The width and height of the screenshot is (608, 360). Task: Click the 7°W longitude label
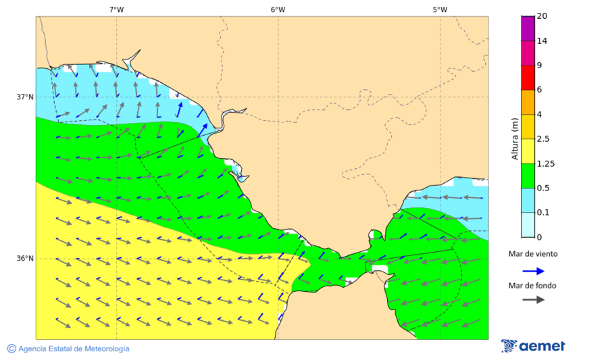tap(116, 9)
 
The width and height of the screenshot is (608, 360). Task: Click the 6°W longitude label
tap(278, 9)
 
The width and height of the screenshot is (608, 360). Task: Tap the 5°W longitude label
tap(440, 9)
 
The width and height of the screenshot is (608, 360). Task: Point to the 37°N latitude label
tap(25, 97)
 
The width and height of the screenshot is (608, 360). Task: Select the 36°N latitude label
tap(25, 259)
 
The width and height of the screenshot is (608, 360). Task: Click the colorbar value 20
tap(542, 16)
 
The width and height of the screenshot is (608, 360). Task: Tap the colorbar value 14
tap(542, 41)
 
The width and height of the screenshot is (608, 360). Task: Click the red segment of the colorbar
tap(528, 77)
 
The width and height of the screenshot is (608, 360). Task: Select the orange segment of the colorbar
tap(528, 102)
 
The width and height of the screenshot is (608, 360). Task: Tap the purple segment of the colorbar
tap(528, 28)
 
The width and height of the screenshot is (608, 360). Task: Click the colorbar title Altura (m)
tap(515, 138)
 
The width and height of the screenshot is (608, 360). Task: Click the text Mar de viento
tap(533, 254)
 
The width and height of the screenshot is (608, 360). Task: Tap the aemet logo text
tap(542, 346)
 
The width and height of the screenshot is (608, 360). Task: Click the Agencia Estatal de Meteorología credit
tap(74, 349)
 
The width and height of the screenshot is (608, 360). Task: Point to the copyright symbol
tap(11, 349)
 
